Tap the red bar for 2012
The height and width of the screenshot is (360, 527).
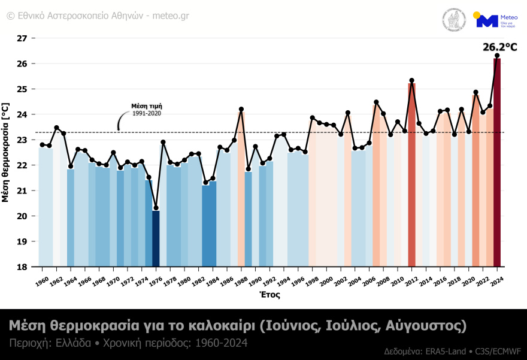click(411, 174)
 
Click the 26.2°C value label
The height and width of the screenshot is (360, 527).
click(499, 47)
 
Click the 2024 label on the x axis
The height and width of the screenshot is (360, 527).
click(496, 280)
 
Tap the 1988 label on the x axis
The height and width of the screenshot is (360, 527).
click(241, 280)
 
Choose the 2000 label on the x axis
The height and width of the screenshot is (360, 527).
click(326, 280)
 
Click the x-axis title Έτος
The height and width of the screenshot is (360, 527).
click(269, 295)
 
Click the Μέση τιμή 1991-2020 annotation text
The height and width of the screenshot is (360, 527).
click(147, 110)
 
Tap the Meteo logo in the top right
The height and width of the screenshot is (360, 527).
click(489, 20)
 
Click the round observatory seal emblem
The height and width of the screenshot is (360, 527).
click(454, 20)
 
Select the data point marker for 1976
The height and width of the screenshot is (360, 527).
click(156, 208)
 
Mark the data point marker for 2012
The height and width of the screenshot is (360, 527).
click(411, 80)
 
